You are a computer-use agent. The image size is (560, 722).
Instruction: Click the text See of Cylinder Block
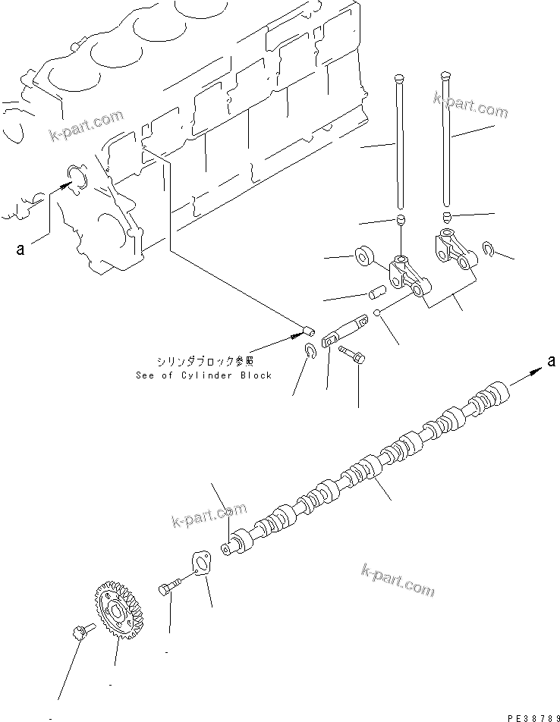click(x=203, y=375)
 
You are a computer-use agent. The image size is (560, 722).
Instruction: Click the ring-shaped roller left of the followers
click(x=365, y=255)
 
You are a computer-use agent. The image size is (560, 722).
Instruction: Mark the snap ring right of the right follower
click(x=489, y=250)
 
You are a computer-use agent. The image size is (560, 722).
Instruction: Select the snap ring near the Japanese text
click(x=310, y=349)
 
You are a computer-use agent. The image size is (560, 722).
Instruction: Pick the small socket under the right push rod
click(x=446, y=218)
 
